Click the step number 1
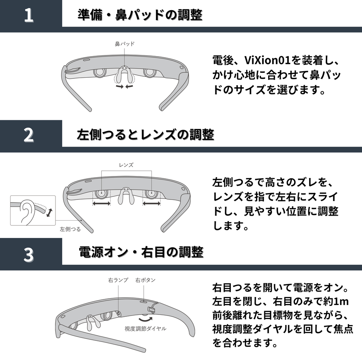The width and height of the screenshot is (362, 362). [x=29, y=15]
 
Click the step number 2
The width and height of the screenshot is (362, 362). [x=29, y=135]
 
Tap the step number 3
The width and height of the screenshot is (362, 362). [x=29, y=255]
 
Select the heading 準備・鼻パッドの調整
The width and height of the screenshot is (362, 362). [x=140, y=15]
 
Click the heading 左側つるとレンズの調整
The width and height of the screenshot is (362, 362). [x=146, y=135]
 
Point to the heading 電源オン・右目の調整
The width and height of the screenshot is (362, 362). [x=141, y=252]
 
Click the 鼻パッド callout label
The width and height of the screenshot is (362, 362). [x=125, y=44]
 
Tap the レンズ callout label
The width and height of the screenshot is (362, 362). [x=126, y=165]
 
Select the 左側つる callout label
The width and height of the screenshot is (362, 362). [x=70, y=229]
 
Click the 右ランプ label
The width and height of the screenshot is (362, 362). [x=118, y=280]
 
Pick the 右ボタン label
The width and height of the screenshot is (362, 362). [x=146, y=280]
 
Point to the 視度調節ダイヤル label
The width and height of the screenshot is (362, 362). [x=146, y=328]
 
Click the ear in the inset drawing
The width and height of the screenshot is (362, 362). [x=27, y=212]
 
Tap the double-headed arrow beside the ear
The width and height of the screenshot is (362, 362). [x=49, y=213]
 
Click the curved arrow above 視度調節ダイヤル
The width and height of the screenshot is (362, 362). [x=146, y=320]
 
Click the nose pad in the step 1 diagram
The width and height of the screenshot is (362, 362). [x=125, y=75]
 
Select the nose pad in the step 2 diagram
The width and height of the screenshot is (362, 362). [x=126, y=196]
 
